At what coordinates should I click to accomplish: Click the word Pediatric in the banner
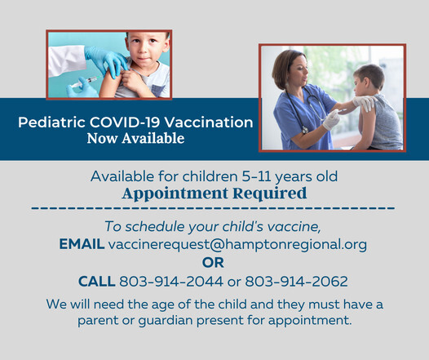(x=49, y=122)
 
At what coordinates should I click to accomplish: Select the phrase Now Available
(x=135, y=139)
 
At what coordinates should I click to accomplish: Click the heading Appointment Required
(x=214, y=193)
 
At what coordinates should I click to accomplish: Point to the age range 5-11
(x=243, y=176)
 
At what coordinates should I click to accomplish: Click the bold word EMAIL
(x=82, y=244)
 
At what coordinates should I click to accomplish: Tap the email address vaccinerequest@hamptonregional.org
(x=237, y=244)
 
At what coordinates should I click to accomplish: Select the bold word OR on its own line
(x=214, y=263)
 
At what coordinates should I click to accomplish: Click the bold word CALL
(x=96, y=282)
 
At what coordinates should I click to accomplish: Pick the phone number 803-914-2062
(x=302, y=282)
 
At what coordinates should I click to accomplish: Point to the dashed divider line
(x=214, y=209)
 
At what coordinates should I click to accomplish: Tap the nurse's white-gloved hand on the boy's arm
(x=331, y=119)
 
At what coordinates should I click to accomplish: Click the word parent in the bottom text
(x=97, y=319)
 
